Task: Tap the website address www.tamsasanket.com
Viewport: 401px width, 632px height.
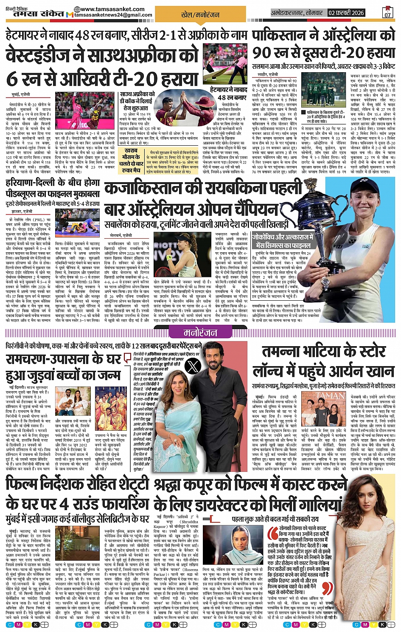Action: pyautogui.click(x=112, y=9)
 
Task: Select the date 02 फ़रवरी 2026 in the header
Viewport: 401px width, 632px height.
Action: pyautogui.click(x=346, y=13)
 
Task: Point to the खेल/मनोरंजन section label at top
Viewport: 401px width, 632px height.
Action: pyautogui.click(x=200, y=14)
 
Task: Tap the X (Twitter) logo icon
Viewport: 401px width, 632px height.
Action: pyautogui.click(x=193, y=365)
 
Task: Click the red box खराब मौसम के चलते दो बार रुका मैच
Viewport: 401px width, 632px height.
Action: pyautogui.click(x=131, y=160)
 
